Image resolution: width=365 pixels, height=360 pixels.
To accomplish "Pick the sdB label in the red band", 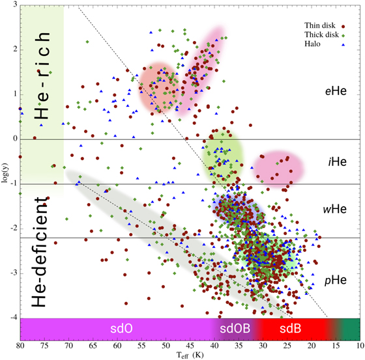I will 291,329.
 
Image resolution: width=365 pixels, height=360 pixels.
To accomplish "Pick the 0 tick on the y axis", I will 14,139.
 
